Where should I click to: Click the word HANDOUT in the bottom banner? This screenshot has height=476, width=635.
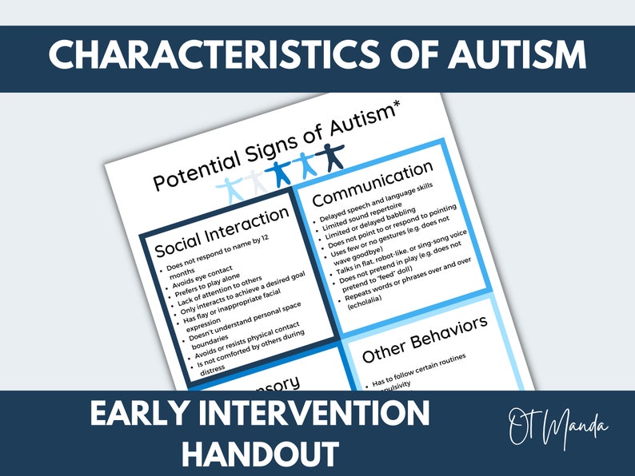pos(259,453)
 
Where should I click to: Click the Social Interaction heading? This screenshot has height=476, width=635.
pos(221,230)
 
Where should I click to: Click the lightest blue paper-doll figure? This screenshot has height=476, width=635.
pos(232,189)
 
